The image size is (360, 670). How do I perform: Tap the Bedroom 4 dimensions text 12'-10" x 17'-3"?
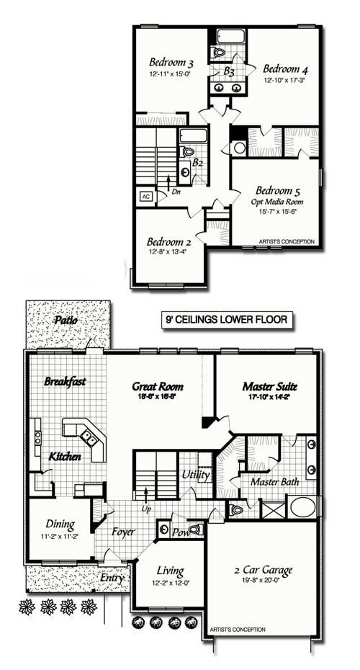(x=285, y=81)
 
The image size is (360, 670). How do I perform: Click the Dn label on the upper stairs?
(x=175, y=193)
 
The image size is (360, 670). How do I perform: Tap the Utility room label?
(x=195, y=475)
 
